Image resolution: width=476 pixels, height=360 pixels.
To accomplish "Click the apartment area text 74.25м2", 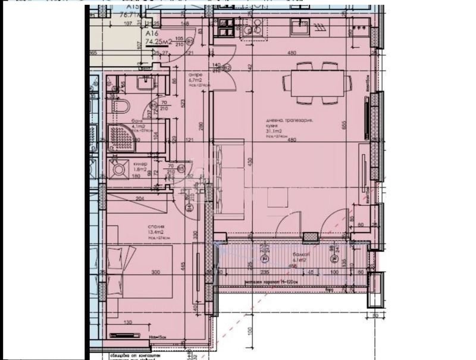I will (x=121, y=42).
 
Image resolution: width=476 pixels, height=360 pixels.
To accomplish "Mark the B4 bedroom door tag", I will (x=189, y=208).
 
